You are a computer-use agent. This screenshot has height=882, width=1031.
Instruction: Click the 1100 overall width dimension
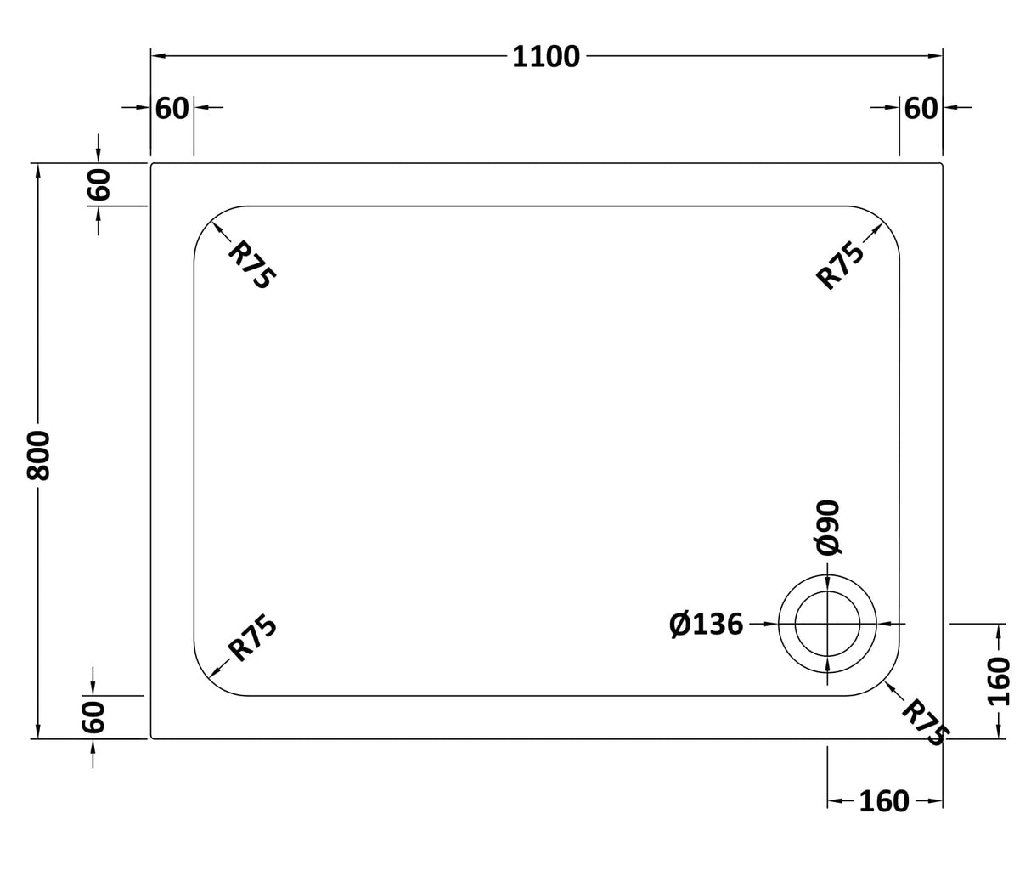(546, 57)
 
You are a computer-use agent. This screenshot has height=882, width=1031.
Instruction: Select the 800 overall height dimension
(39, 455)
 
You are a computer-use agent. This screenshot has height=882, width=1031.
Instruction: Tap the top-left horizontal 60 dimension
(172, 109)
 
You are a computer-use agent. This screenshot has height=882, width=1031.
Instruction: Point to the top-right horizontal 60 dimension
(921, 109)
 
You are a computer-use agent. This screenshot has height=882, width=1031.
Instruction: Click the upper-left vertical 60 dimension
(99, 184)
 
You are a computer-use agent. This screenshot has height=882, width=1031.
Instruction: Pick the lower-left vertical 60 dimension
(93, 717)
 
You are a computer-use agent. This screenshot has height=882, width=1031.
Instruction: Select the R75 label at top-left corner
(252, 265)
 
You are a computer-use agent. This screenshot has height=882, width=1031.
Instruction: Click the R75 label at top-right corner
(840, 265)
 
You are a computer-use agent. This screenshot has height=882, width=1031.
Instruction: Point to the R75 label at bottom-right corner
(925, 722)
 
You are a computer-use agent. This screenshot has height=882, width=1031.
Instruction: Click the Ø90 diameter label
(828, 527)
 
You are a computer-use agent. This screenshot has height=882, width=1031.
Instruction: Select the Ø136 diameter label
(706, 625)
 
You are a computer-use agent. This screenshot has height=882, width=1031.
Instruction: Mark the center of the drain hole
(827, 624)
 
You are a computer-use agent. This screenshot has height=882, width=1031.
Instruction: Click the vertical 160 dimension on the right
(1000, 681)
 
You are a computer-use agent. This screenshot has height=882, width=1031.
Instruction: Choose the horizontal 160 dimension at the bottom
(883, 801)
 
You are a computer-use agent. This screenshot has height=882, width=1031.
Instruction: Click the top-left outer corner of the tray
(152, 164)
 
